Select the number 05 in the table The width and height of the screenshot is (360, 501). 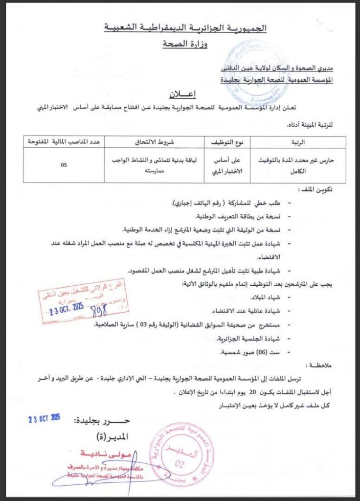pyautogui.click(x=64, y=165)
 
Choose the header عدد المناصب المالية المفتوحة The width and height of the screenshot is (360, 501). pyautogui.click(x=64, y=142)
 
